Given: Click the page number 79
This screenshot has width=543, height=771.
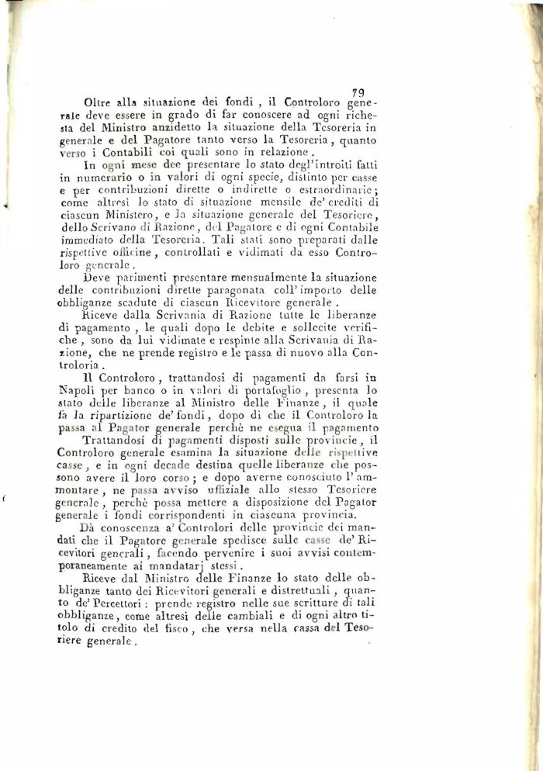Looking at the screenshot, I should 358,92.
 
